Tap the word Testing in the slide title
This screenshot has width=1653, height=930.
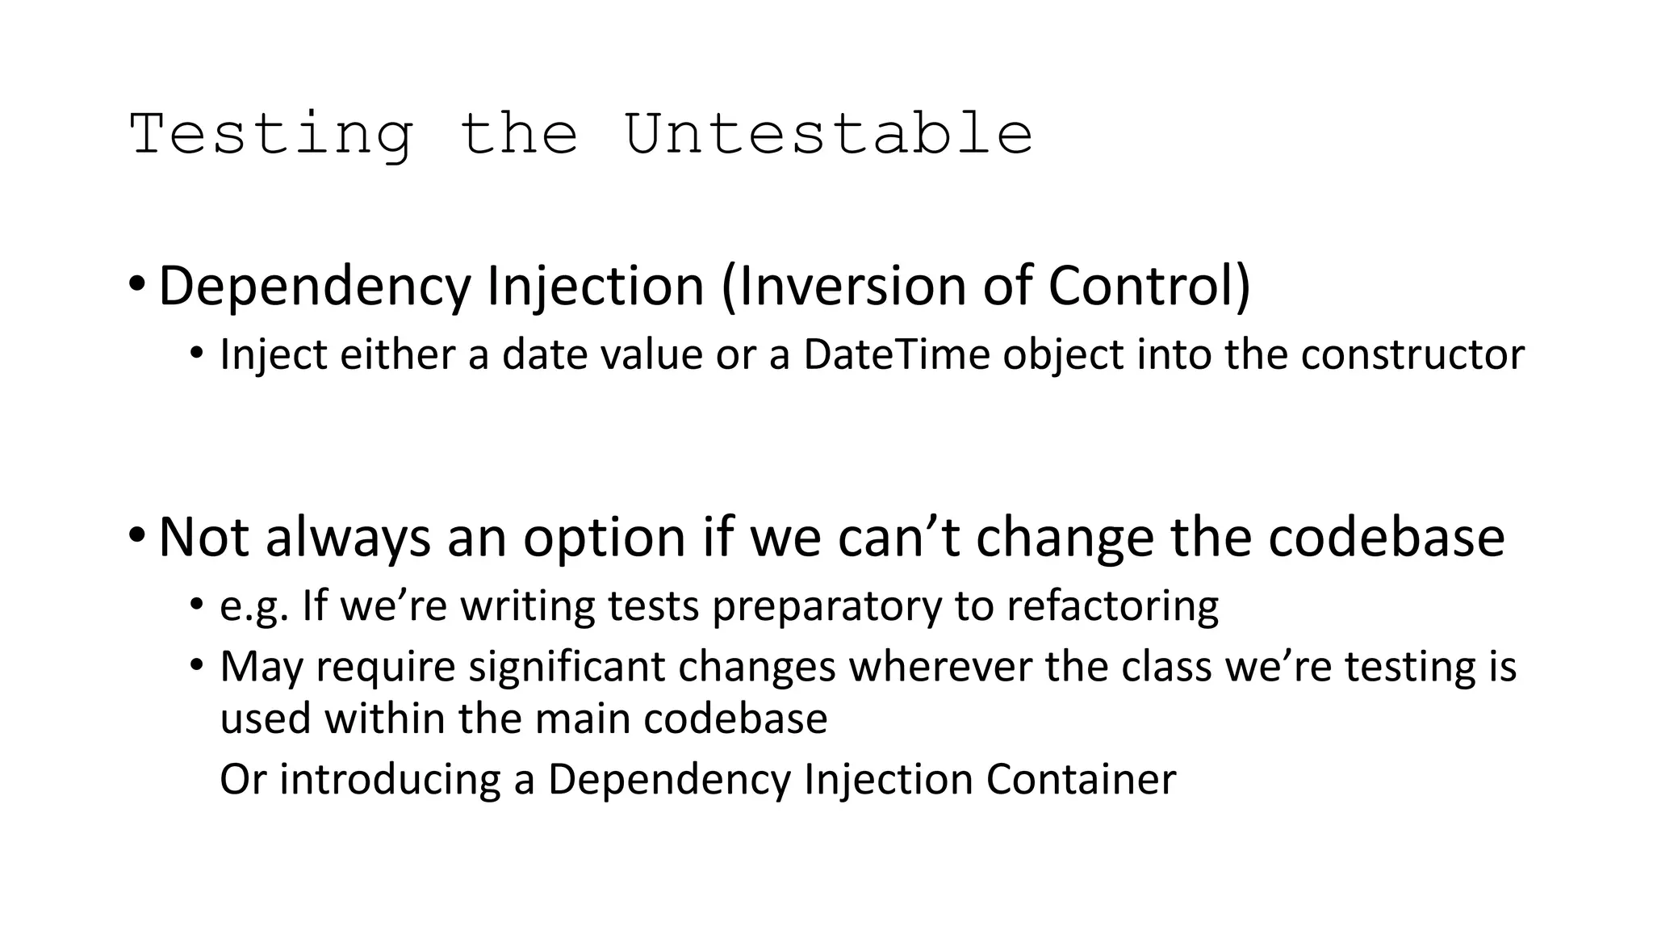click(271, 135)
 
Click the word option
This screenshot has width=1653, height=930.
click(605, 537)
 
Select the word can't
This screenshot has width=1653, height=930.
click(899, 537)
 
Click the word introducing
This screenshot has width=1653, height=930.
click(391, 780)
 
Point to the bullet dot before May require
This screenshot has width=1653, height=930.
click(197, 666)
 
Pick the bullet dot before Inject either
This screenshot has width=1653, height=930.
click(197, 354)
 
